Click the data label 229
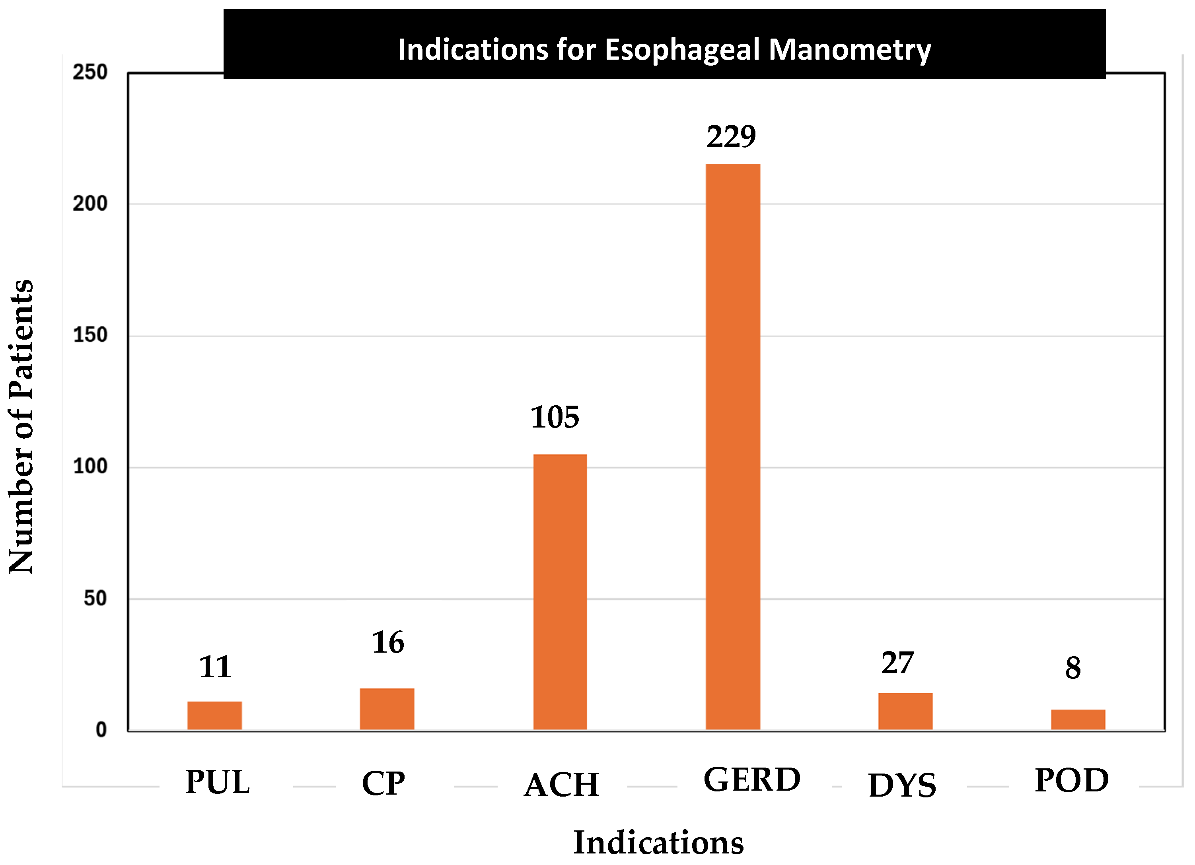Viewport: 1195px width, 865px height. pos(731,137)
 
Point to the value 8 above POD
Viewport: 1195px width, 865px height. pos(1073,668)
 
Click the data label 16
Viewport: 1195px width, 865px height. pos(388,642)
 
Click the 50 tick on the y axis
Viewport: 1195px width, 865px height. pos(95,599)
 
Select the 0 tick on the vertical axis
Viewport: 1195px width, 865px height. pos(101,730)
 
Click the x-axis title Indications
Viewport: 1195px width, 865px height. pos(659,842)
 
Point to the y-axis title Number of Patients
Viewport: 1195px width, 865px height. pos(21,427)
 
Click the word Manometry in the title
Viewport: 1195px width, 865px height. pos(849,50)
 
